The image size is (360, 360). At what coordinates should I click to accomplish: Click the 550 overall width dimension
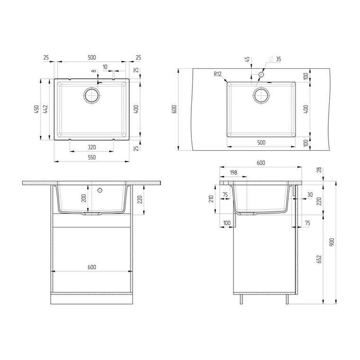[x=91, y=157]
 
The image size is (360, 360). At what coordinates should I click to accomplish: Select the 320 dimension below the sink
[x=91, y=147]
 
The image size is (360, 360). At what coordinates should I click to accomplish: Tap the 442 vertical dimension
[x=45, y=109]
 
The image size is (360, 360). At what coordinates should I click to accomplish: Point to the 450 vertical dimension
[x=36, y=109]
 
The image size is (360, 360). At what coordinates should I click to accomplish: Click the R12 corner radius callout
[x=217, y=74]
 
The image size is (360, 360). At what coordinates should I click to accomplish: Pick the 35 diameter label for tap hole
[x=278, y=59]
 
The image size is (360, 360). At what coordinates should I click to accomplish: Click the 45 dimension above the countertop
[x=247, y=60]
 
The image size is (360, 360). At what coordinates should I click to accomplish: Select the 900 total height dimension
[x=332, y=243]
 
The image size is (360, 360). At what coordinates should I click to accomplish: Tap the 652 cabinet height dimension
[x=319, y=259]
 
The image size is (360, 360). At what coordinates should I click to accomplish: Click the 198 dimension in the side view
[x=233, y=172]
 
